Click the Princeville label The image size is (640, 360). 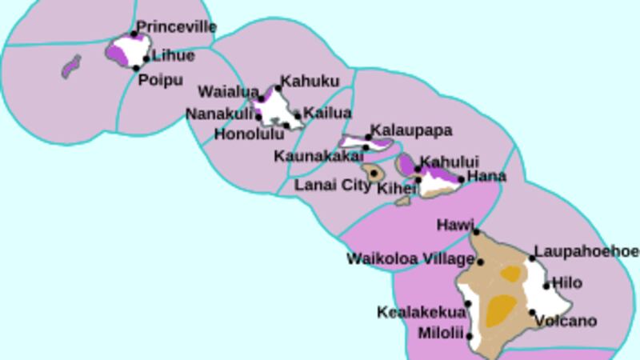click(176, 27)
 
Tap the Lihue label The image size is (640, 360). click(173, 56)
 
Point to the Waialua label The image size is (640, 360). click(227, 91)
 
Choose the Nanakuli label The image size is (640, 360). click(219, 114)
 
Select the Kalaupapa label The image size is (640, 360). click(413, 130)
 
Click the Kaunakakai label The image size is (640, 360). click(318, 155)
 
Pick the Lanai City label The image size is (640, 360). click(333, 185)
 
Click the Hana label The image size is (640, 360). click(486, 176)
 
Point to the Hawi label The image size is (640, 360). click(455, 226)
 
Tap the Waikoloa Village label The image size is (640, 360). click(410, 259)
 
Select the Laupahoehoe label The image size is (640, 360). click(586, 251)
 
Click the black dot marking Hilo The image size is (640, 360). click(547, 286)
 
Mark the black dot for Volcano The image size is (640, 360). click(533, 313)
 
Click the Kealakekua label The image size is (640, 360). click(421, 312)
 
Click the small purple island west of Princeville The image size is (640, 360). click(71, 66)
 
